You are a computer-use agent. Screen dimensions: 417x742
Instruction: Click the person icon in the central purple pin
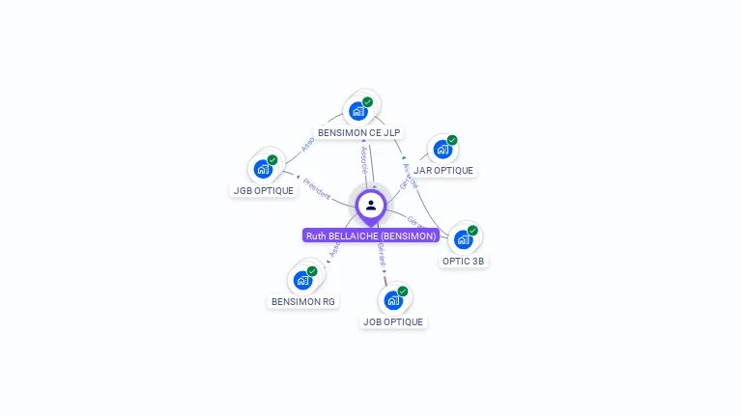point(371,205)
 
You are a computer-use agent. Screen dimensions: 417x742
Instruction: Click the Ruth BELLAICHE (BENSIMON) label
point(371,236)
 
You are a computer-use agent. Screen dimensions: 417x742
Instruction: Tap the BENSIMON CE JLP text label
point(359,133)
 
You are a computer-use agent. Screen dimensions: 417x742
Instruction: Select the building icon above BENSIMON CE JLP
point(358,110)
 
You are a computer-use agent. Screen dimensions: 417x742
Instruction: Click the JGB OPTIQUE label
point(264,190)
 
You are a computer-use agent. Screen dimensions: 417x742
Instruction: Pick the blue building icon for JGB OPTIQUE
point(263,168)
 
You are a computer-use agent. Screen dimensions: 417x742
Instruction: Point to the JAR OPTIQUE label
point(443,171)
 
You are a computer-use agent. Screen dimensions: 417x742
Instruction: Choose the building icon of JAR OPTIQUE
point(442,149)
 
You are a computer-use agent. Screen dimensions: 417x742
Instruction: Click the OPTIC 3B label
point(464,261)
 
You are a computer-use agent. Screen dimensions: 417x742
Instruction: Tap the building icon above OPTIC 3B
point(463,238)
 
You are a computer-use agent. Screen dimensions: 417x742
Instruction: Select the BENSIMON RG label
point(303,301)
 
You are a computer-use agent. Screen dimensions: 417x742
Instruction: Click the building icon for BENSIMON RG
point(302,280)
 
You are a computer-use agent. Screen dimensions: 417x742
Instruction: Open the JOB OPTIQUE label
point(393,321)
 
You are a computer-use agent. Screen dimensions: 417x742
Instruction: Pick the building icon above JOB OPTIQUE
point(392,299)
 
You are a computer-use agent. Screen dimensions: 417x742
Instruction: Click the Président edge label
point(316,186)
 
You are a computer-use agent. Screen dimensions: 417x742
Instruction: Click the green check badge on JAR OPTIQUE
point(452,140)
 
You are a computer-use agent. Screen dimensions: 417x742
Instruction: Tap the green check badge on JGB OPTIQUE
point(272,159)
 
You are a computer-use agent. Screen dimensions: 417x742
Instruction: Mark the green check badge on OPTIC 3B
point(472,230)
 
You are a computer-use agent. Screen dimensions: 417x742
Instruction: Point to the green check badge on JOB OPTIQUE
point(402,291)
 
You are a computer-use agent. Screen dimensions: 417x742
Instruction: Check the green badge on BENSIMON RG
point(312,271)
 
